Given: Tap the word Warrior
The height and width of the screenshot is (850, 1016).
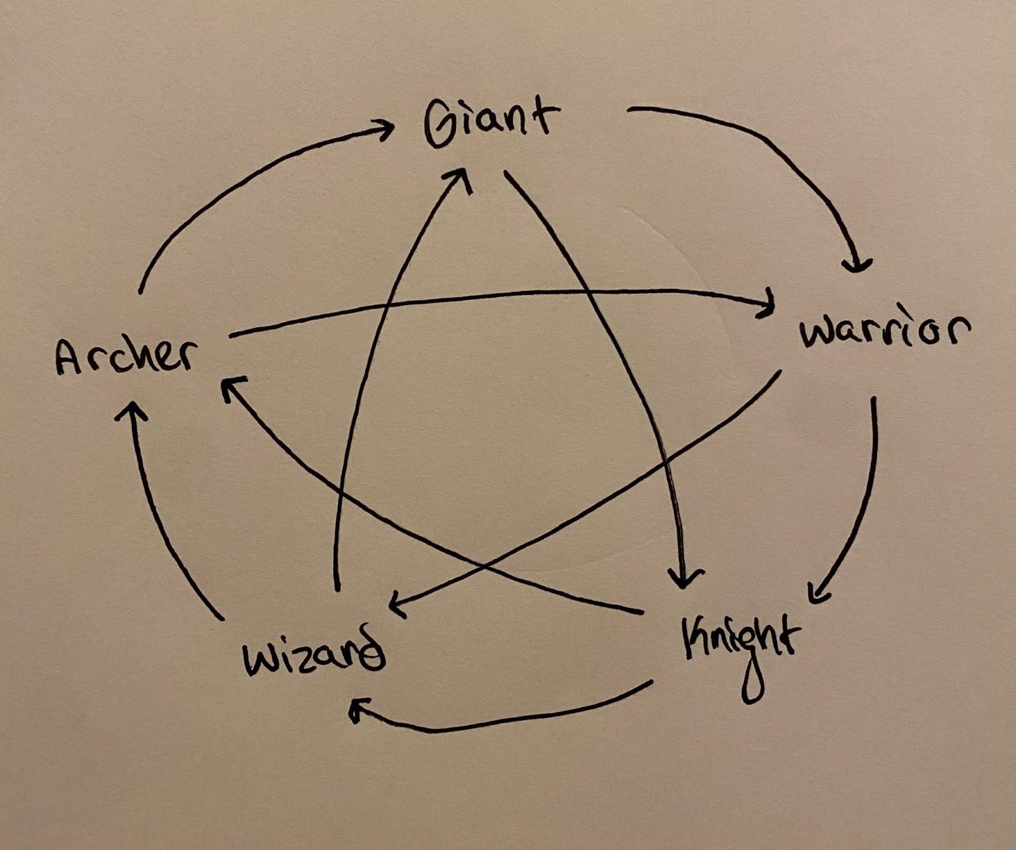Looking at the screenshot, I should tap(885, 331).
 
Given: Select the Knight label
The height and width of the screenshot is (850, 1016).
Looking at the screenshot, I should tap(740, 642).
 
